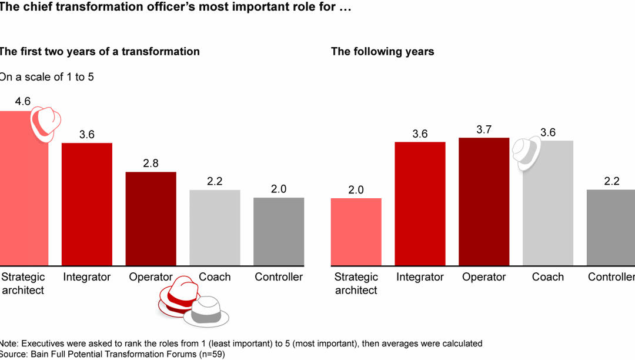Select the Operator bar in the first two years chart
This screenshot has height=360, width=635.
point(151,218)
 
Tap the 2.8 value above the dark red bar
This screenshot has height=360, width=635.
point(151,164)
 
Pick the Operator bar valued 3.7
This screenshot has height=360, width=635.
point(484,201)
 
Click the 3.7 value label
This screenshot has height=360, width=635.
point(484,129)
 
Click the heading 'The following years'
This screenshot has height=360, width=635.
point(382,52)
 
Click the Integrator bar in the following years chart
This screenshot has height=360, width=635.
point(420,204)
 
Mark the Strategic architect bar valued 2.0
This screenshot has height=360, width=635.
point(356,232)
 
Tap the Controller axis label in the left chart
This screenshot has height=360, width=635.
point(279,277)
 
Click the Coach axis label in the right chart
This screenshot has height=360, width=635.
point(547,277)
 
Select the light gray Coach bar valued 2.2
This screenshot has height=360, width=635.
point(215,227)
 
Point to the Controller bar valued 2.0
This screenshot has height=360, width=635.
point(279,231)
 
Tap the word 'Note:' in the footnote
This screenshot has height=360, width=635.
point(8,344)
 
